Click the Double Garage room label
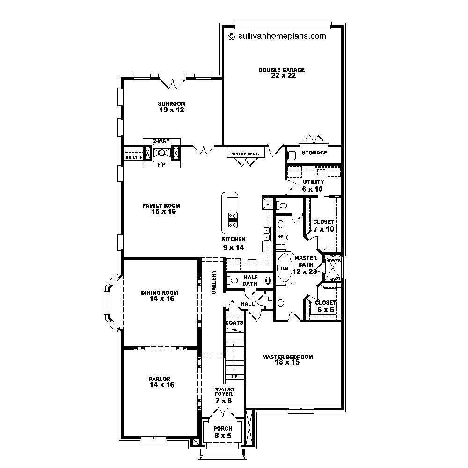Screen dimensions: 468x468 point(282,73)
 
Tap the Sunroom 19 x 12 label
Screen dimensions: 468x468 point(171,107)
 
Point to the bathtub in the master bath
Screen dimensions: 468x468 point(284,268)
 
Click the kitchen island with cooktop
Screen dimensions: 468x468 point(231,213)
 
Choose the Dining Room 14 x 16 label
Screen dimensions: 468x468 point(160,296)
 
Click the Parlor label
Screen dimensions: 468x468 point(160,382)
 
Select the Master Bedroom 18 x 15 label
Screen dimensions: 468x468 point(287,359)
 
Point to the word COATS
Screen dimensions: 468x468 point(234,323)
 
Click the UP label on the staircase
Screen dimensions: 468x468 point(234,376)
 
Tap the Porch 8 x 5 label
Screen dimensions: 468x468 point(223,432)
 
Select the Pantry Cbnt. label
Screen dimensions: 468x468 point(245,154)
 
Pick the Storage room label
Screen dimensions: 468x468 point(314,153)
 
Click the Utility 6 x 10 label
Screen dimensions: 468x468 point(313,186)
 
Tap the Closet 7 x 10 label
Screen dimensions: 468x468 point(323,226)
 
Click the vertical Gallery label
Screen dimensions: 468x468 point(214,282)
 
